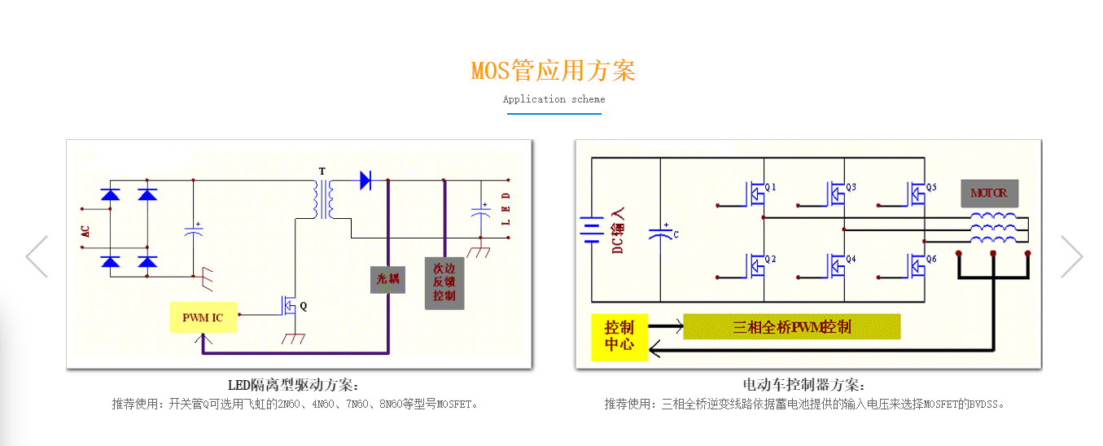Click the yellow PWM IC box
click(203, 317)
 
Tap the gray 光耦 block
click(387, 278)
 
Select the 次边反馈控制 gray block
click(444, 283)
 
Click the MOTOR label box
click(988, 193)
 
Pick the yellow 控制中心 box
click(619, 337)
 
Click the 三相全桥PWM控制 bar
click(791, 327)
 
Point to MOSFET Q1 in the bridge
click(756, 194)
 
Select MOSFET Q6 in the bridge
click(917, 265)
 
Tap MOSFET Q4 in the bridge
click(836, 265)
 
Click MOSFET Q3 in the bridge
click(836, 194)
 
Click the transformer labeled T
click(323, 199)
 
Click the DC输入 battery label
click(618, 230)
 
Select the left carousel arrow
click(37, 256)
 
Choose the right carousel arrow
click(1071, 256)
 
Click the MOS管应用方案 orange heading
click(553, 71)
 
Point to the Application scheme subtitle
click(554, 99)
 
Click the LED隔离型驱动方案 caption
click(293, 385)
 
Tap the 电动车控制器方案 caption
click(804, 385)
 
